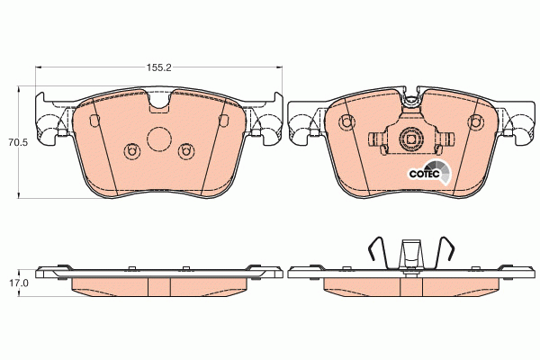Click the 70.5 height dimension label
[x=16, y=142]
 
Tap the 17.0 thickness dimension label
[x=16, y=282]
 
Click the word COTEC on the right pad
[x=424, y=175]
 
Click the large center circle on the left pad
[x=158, y=139]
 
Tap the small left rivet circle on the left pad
[x=131, y=150]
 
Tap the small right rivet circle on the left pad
[x=186, y=150]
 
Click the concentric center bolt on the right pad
[x=410, y=139]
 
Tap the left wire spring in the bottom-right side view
[x=380, y=253]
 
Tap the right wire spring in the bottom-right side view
[x=443, y=253]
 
